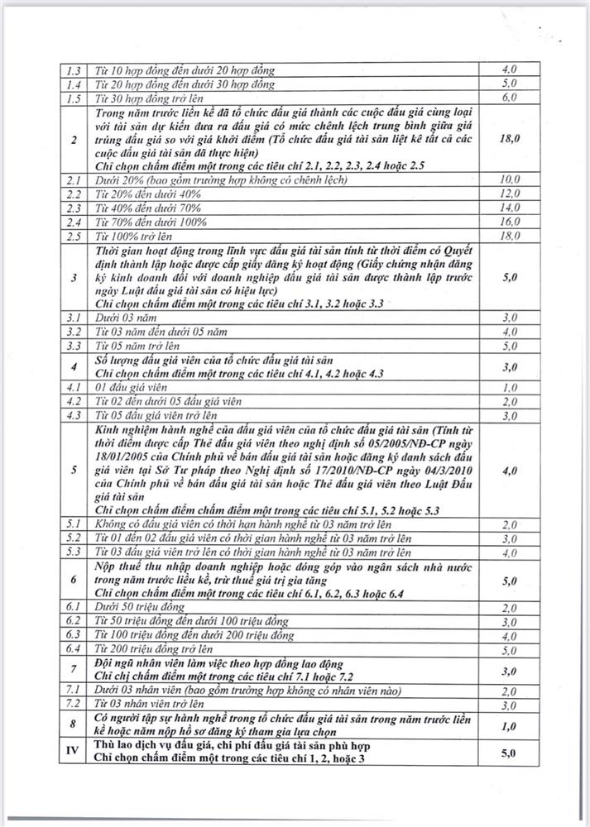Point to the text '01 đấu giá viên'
[125, 387]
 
